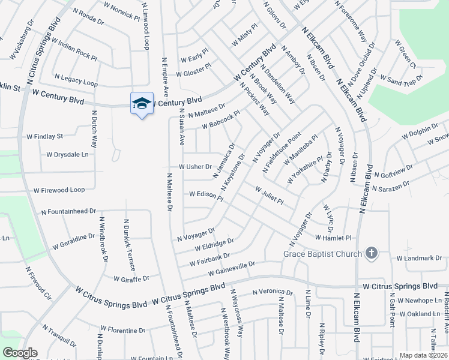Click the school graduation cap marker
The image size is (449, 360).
142,104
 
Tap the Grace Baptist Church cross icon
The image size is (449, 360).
372,253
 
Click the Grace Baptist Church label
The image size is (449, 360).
323,254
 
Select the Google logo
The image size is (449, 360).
20,353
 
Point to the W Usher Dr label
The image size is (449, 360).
195,167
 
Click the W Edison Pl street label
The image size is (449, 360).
206,195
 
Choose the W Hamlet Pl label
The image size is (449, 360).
332,238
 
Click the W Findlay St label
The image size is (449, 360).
41,137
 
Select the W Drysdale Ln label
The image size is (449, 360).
67,154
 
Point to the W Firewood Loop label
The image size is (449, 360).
59,190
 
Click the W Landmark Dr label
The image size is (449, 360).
419,258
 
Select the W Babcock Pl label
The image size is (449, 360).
221,119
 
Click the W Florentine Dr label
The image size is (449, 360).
122,329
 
